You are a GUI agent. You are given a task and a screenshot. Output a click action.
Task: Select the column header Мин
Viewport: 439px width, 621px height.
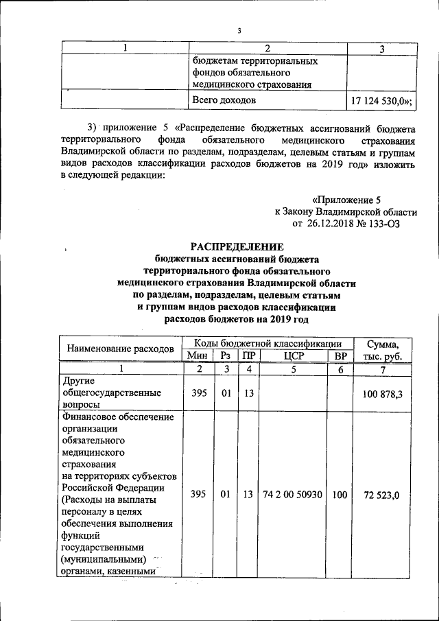click(x=198, y=355)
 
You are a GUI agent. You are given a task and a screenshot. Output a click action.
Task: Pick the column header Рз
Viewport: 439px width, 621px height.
click(x=224, y=355)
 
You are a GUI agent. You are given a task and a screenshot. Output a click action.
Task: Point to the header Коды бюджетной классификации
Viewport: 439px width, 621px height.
click(x=267, y=342)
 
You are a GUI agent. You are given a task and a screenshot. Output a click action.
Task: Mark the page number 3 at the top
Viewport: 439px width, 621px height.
click(x=239, y=30)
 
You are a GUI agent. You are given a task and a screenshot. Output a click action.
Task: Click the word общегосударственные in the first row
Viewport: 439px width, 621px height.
click(x=112, y=394)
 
